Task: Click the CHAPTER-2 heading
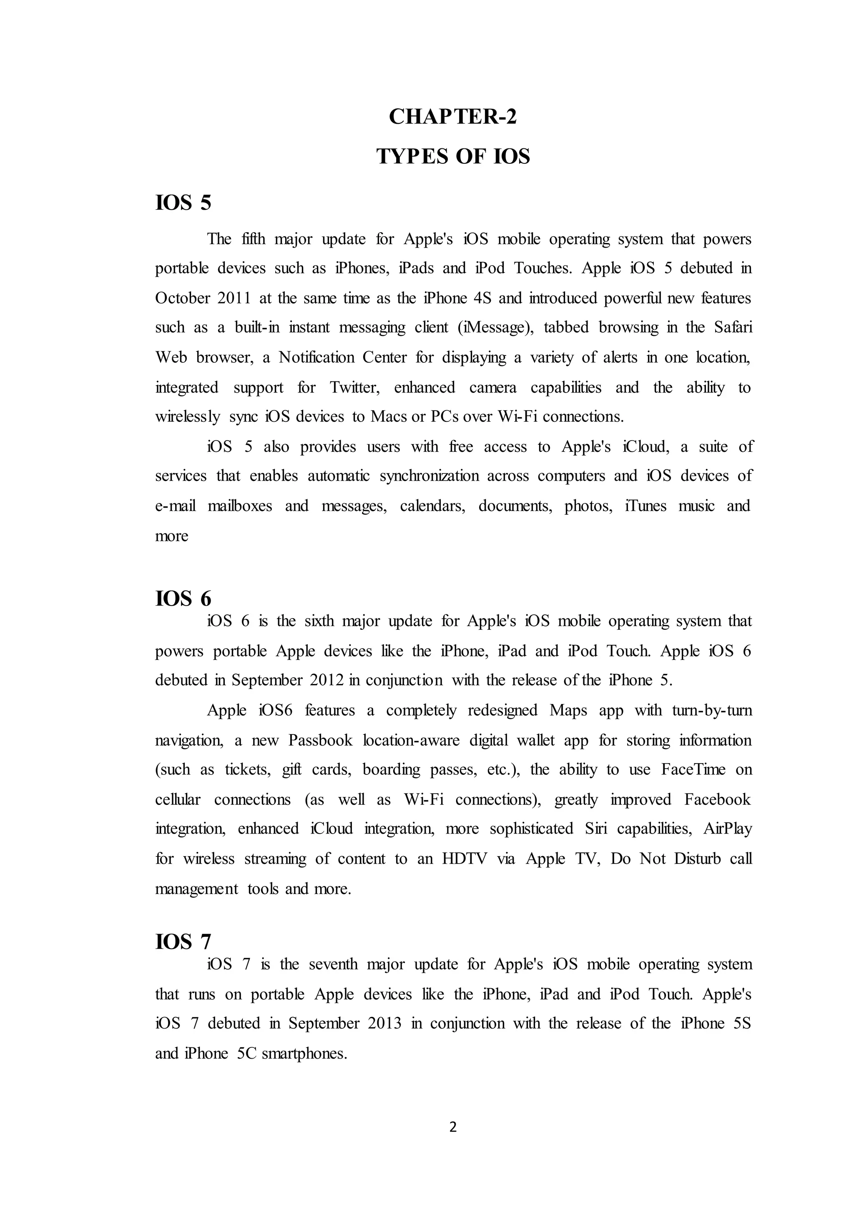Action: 453,116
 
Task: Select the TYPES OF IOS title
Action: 453,156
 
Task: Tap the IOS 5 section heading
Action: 183,203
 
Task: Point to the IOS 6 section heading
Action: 183,598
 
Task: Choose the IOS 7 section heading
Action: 183,942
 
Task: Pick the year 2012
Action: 326,680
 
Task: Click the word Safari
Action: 733,328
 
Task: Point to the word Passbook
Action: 320,740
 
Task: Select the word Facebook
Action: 717,799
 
